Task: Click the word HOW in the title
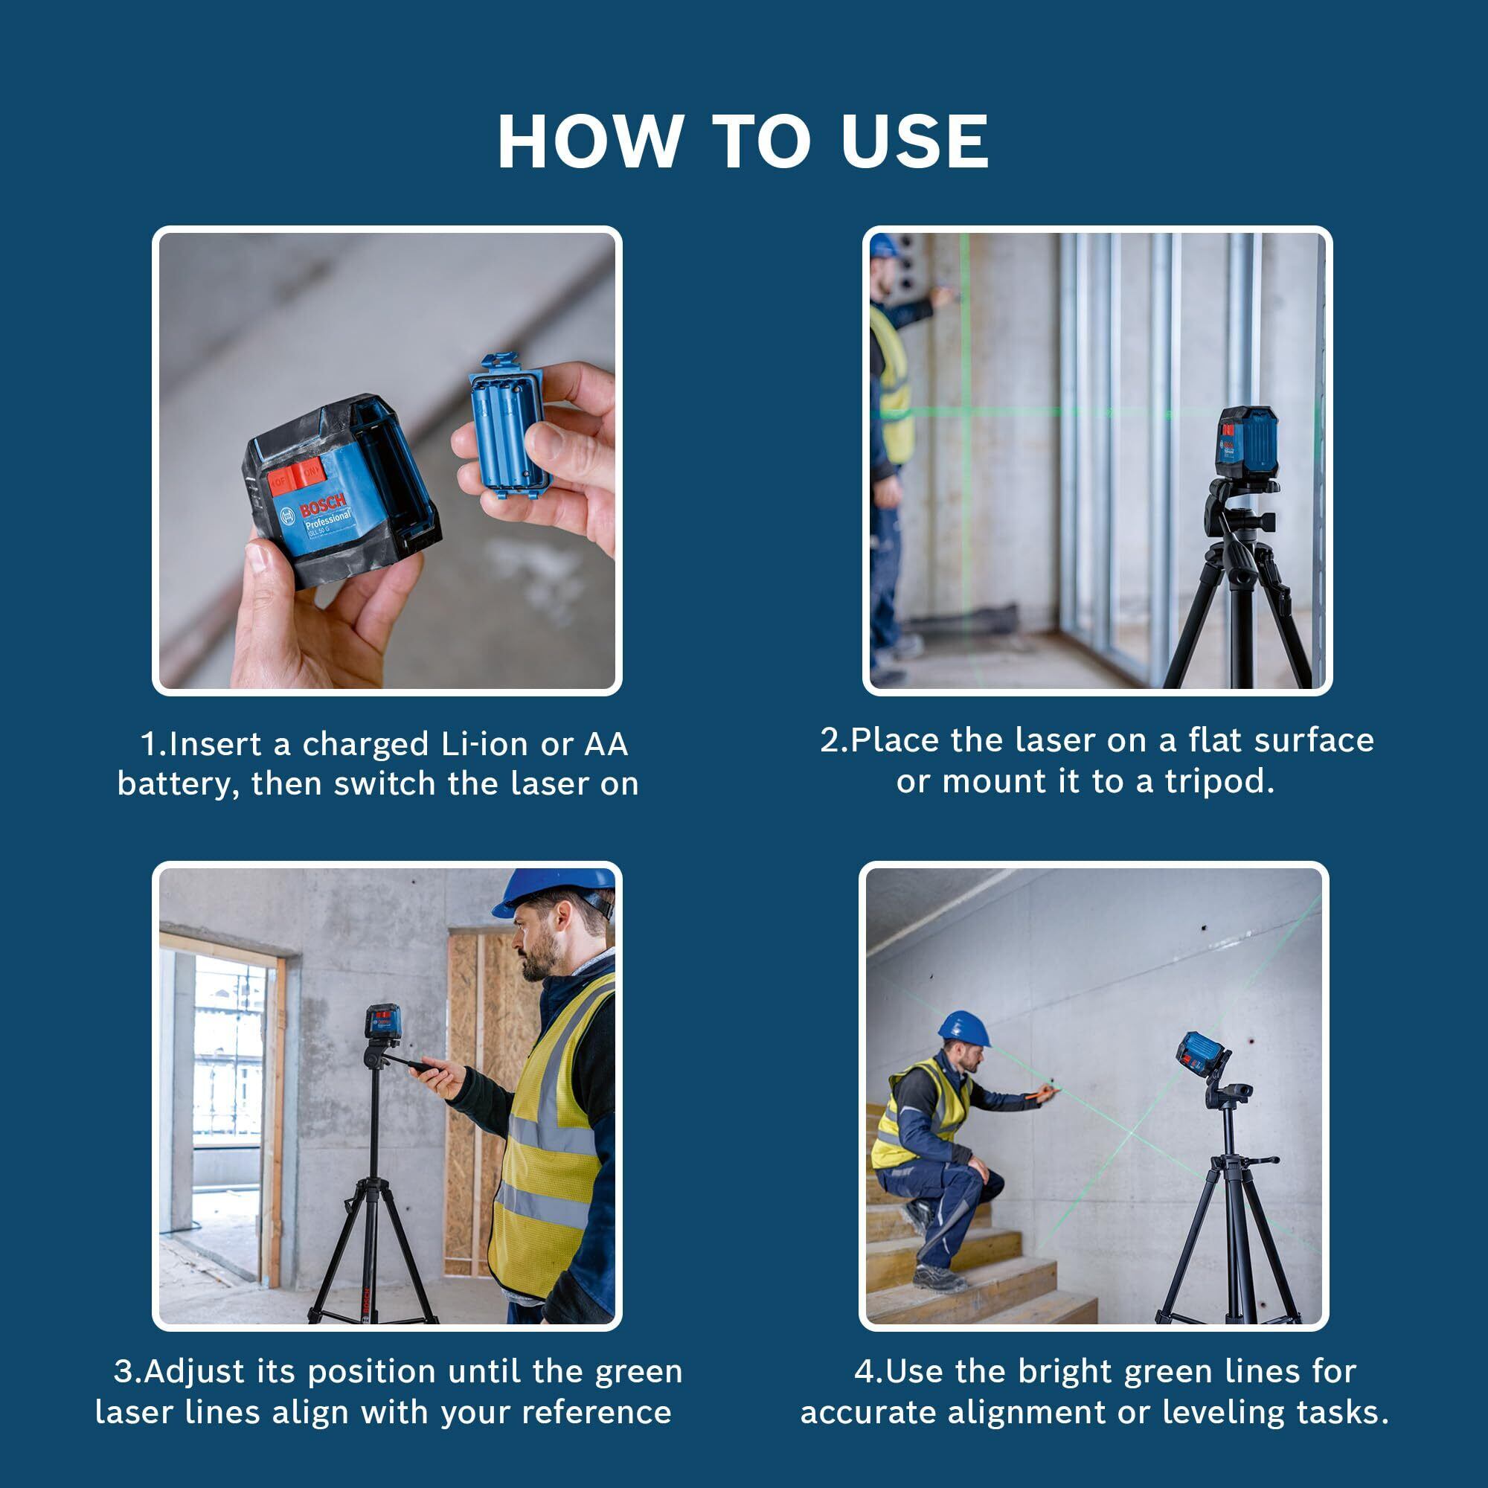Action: (590, 141)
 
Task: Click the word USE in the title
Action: (915, 141)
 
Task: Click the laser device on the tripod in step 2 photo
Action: (1248, 441)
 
